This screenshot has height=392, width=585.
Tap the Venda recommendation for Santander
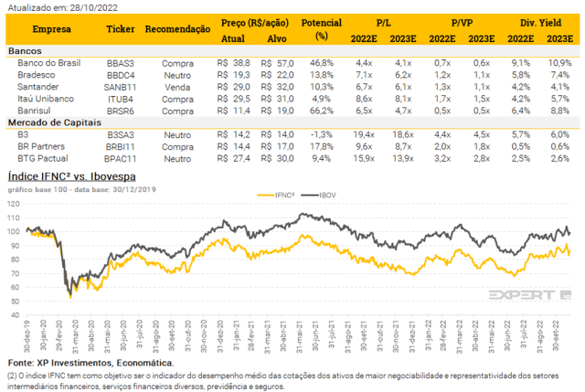tap(174, 86)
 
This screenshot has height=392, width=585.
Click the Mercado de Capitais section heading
tap(55, 122)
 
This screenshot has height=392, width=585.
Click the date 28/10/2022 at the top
tap(83, 6)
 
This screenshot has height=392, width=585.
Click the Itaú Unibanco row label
tap(44, 98)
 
